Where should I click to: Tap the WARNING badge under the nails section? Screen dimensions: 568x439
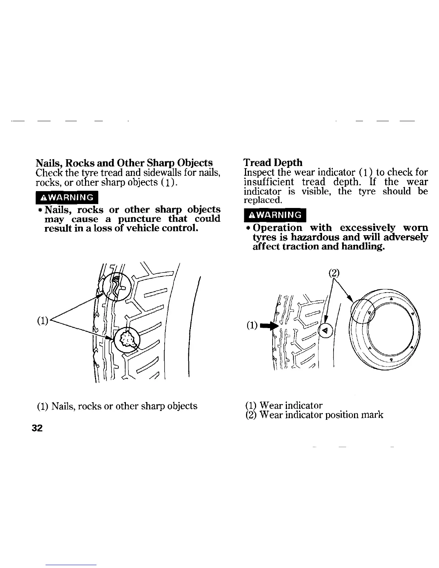(67, 197)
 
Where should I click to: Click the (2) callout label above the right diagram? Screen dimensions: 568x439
(334, 272)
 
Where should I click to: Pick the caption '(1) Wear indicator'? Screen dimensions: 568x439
(283, 405)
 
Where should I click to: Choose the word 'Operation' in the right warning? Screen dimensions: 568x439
(277, 228)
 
